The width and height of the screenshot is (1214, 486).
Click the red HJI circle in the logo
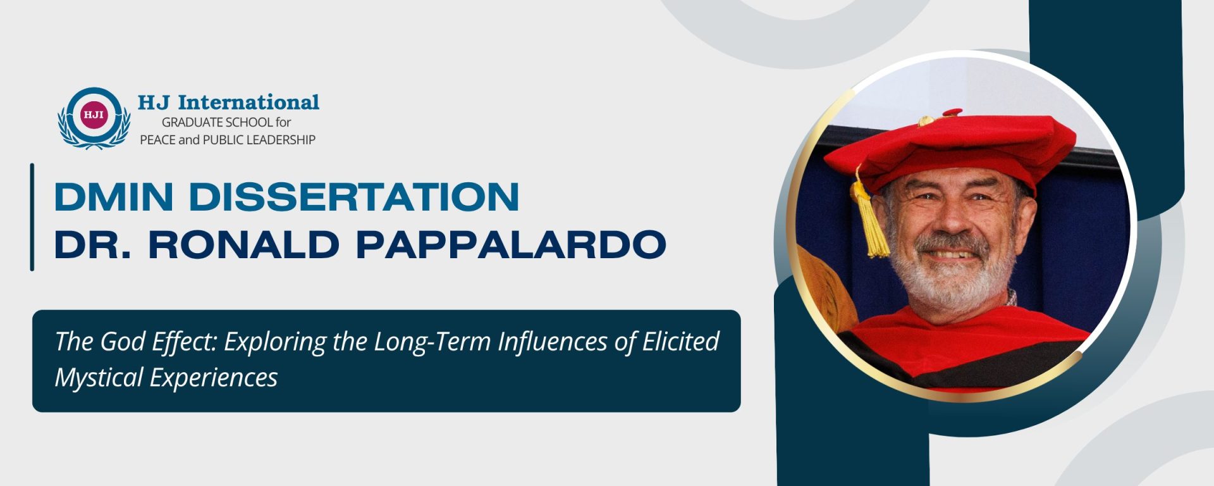[94, 115]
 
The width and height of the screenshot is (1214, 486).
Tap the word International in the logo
[248, 103]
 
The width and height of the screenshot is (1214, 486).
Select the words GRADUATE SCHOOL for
[226, 122]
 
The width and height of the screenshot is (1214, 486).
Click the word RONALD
[243, 245]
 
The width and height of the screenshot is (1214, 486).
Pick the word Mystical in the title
[99, 378]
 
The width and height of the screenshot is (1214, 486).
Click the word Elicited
[681, 342]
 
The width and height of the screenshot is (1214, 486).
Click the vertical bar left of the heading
[32, 217]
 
